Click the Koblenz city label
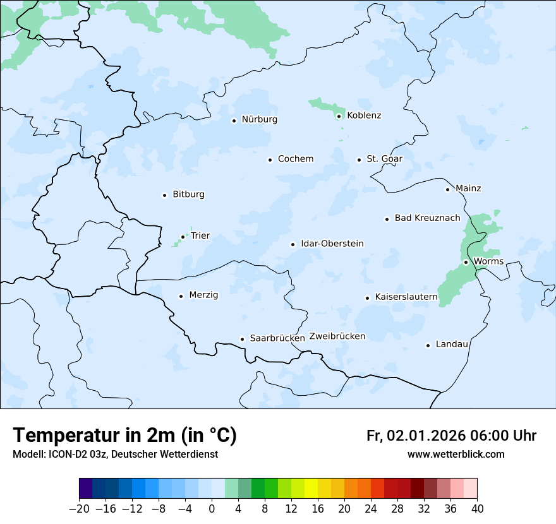(x=364, y=116)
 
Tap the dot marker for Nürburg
(x=234, y=120)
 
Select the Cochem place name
(x=296, y=159)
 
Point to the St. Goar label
(x=384, y=159)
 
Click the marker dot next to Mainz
(x=447, y=189)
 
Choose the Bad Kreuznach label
(x=427, y=218)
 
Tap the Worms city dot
(x=466, y=262)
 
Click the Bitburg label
(x=188, y=194)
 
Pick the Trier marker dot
(x=183, y=237)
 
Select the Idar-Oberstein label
(x=332, y=244)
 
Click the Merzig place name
(x=203, y=295)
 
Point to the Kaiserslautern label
(x=406, y=297)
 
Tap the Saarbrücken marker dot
(x=242, y=339)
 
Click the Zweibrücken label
(x=337, y=336)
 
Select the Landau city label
(x=452, y=345)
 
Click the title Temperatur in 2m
(x=124, y=436)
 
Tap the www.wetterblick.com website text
(x=456, y=455)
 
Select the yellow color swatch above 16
(x=311, y=489)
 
